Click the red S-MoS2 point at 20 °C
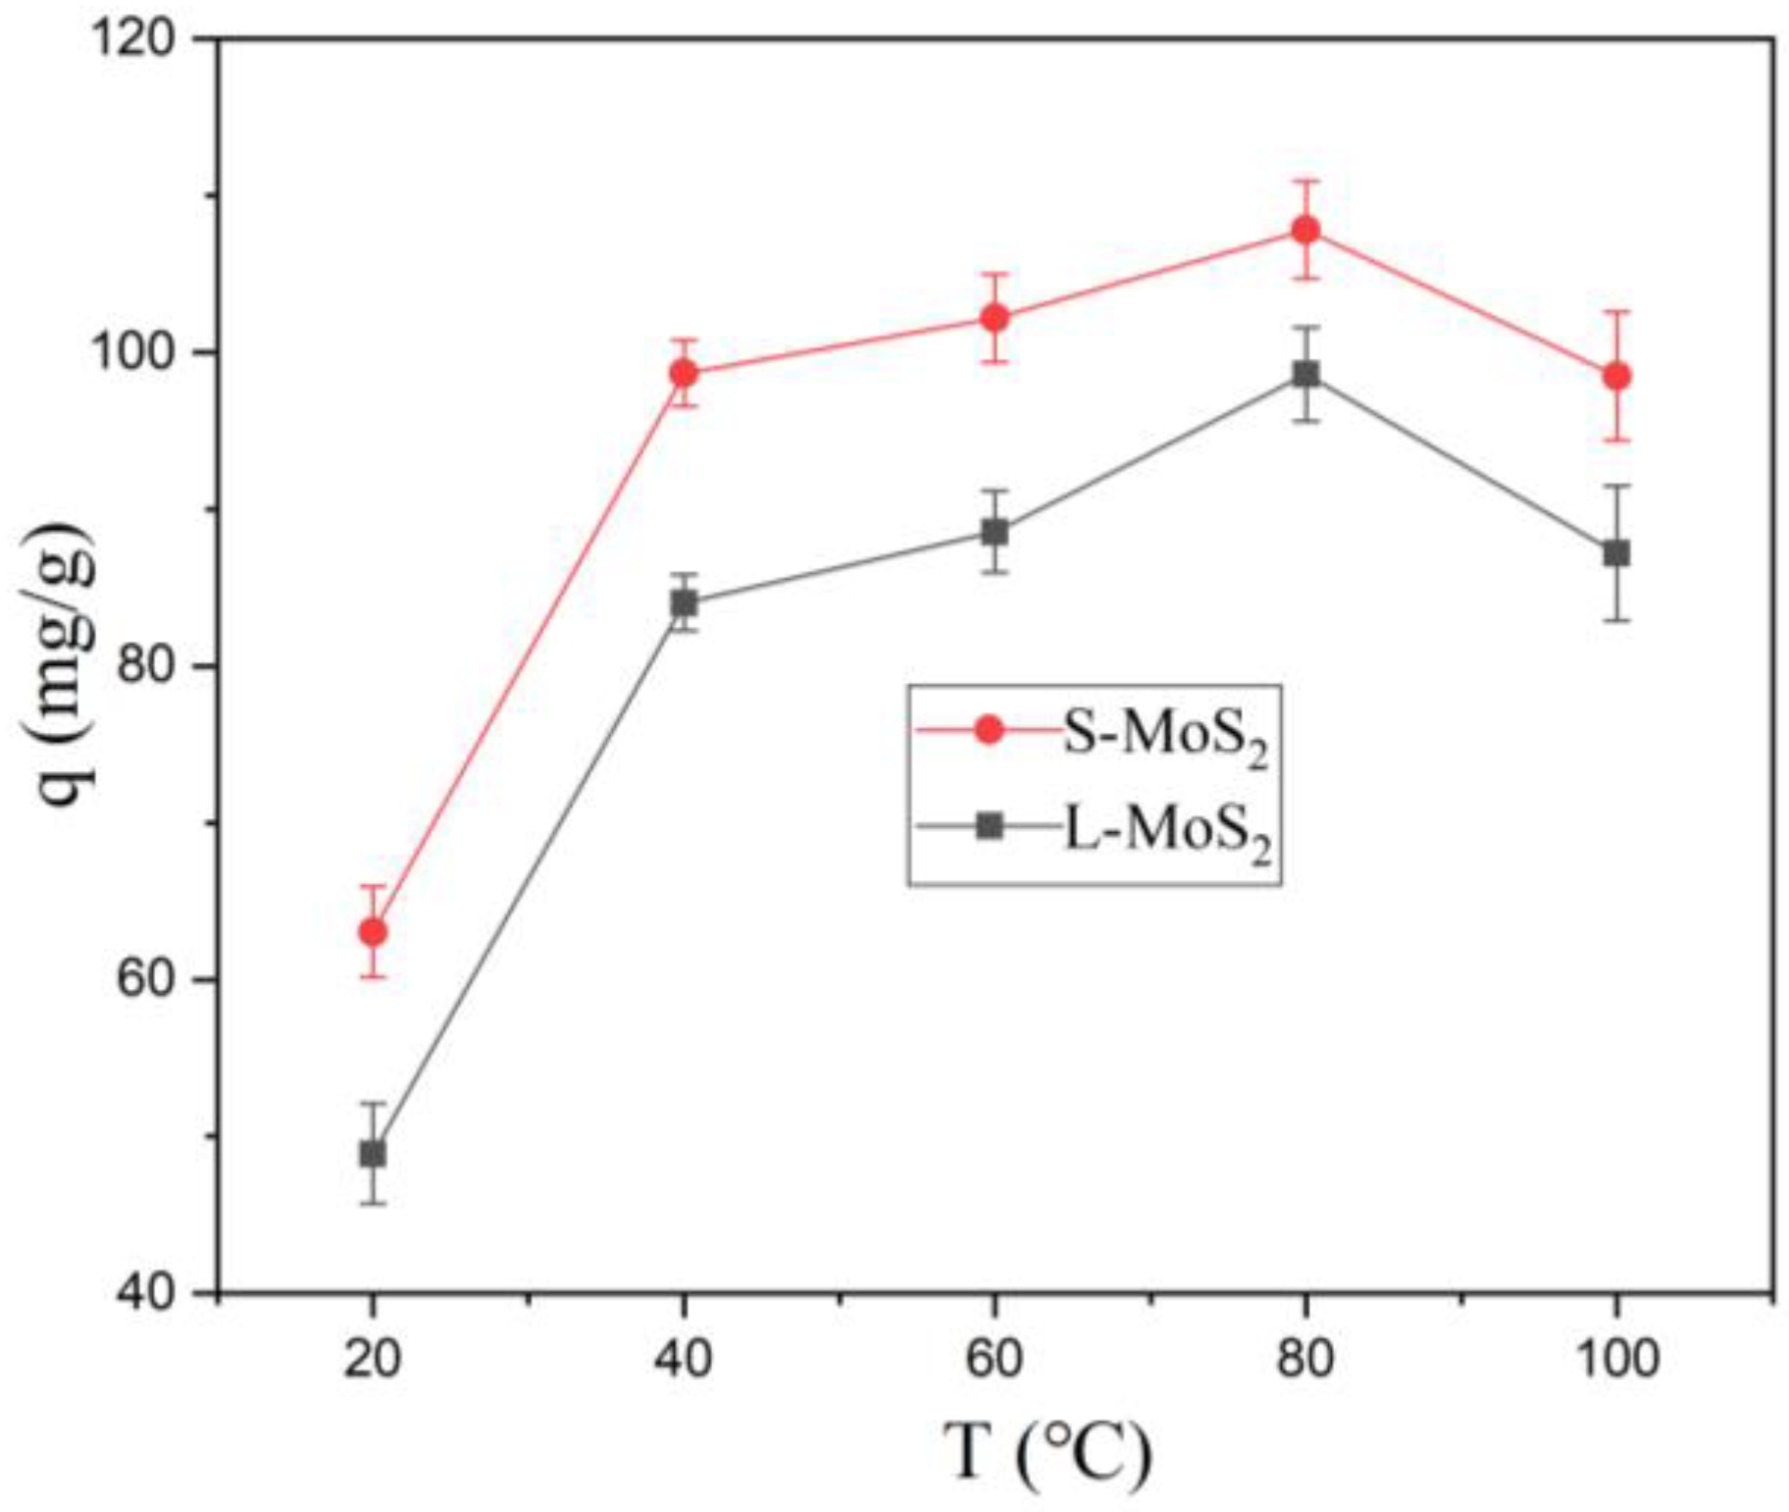[x=373, y=930]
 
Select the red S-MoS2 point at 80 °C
[x=1305, y=231]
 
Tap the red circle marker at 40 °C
[x=685, y=373]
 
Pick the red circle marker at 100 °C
[x=1616, y=376]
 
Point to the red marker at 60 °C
[x=995, y=317]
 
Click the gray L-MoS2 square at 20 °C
[x=373, y=1153]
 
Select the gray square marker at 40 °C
[x=685, y=602]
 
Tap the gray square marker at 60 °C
[x=995, y=532]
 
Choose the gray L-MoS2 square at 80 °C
[x=1305, y=374]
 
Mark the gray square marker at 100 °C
[x=1616, y=552]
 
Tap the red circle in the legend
[x=990, y=729]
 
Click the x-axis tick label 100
[x=1616, y=1359]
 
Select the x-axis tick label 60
[x=995, y=1359]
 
